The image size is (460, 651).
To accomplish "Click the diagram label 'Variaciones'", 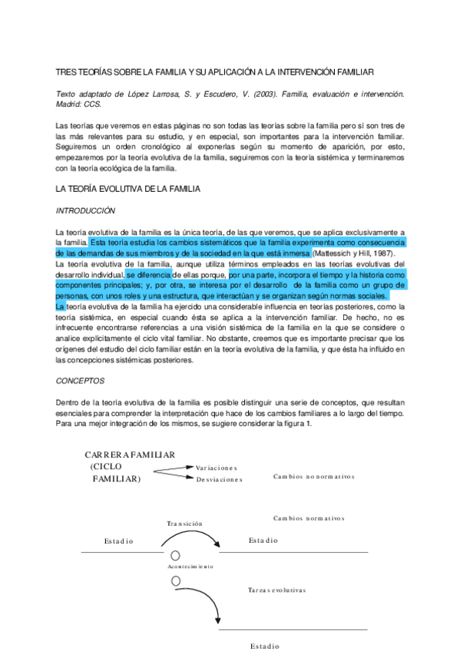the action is (x=217, y=468).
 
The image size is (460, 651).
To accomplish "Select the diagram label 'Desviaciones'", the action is (x=219, y=479).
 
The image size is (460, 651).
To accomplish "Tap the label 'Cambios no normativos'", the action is (x=313, y=476).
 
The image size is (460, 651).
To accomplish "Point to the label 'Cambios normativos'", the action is (x=309, y=518).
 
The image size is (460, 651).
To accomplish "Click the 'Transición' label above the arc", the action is (x=184, y=524).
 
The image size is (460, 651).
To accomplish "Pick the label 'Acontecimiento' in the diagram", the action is (x=190, y=566).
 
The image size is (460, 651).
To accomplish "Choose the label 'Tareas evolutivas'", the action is (x=276, y=590).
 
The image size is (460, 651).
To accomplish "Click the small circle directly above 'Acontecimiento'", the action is (x=175, y=555).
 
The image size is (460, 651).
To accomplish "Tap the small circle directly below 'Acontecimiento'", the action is (x=175, y=577).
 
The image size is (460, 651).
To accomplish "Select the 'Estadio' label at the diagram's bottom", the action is (x=264, y=646).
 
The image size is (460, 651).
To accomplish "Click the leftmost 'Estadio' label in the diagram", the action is (x=119, y=541).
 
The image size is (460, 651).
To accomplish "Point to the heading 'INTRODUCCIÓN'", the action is (x=85, y=210).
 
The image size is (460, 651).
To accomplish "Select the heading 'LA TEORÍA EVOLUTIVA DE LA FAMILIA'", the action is (x=128, y=188).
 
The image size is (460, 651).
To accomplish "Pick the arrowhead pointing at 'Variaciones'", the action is (x=191, y=465).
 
